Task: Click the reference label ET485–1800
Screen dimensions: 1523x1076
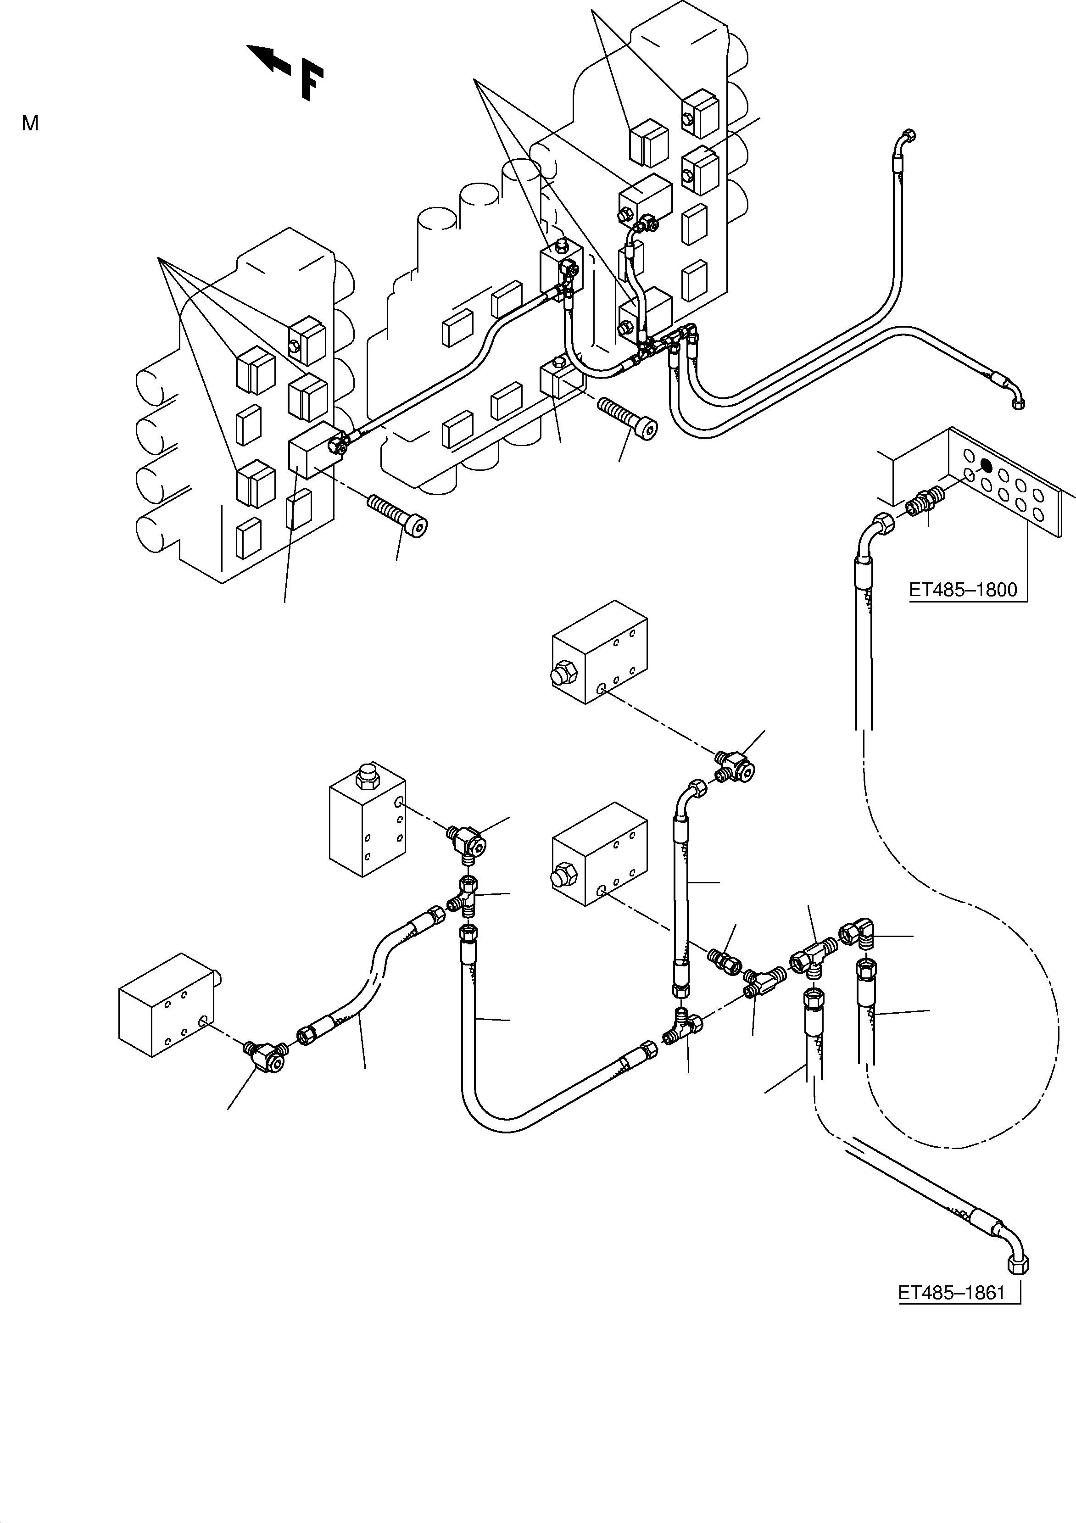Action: pyautogui.click(x=963, y=589)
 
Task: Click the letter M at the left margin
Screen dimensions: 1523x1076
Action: pyautogui.click(x=30, y=123)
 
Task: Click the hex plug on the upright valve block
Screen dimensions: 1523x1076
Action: pyautogui.click(x=364, y=776)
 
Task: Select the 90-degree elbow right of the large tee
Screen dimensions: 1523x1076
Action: pyautogui.click(x=860, y=934)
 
